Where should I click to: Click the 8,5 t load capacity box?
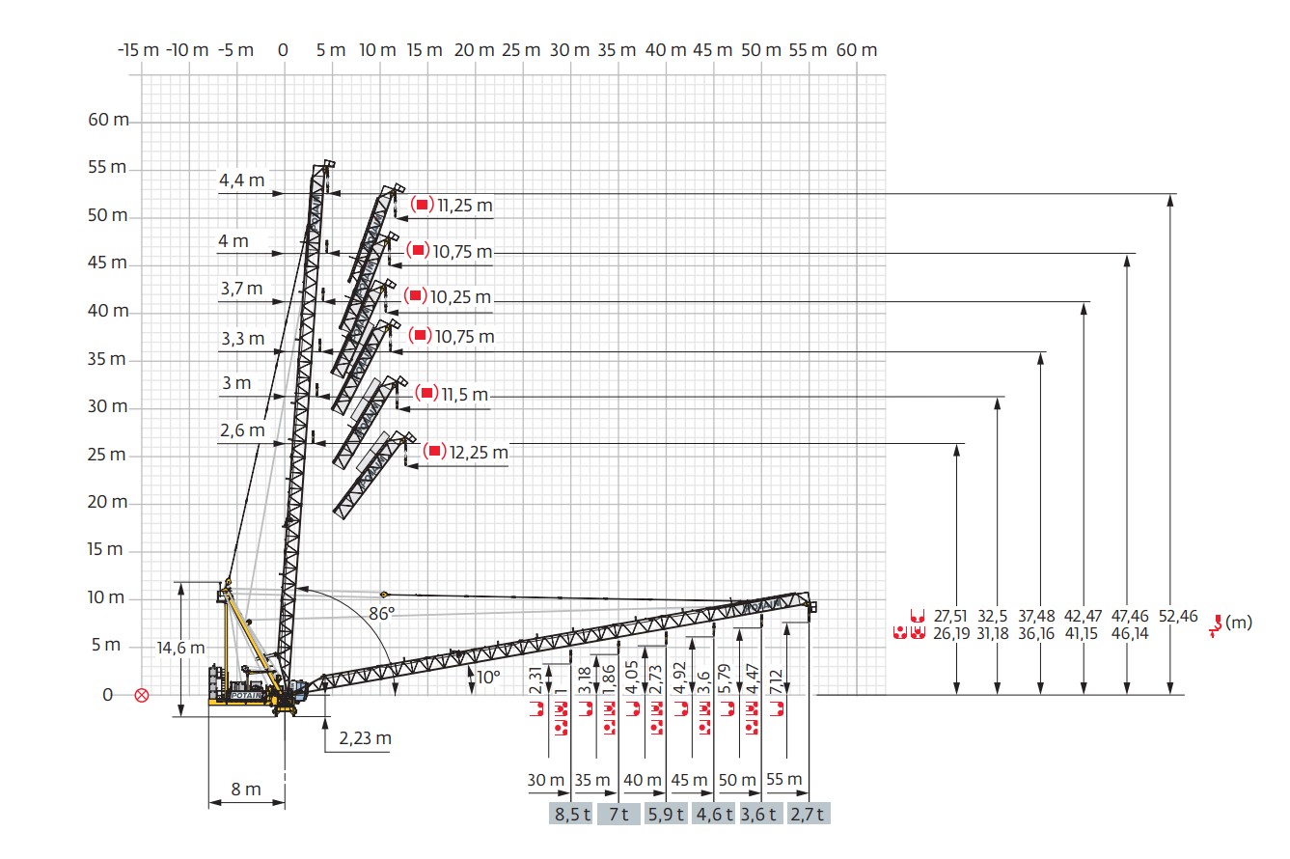[x=571, y=814]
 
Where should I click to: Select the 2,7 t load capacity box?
[x=809, y=814]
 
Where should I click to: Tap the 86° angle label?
[x=382, y=614]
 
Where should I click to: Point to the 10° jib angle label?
[x=488, y=677]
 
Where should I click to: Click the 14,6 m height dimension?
[x=180, y=648]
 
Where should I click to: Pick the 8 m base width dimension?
[x=246, y=789]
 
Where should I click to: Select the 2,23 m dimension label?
[x=365, y=738]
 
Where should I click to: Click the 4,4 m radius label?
[x=242, y=180]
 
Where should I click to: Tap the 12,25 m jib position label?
[x=479, y=453]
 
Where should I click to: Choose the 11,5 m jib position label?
[x=465, y=394]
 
